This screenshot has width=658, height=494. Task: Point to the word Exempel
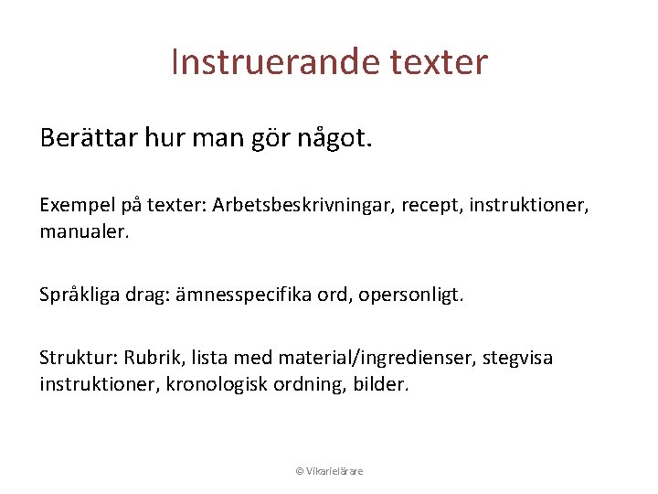pyautogui.click(x=72, y=206)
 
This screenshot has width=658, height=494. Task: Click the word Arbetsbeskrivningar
pyautogui.click(x=292, y=206)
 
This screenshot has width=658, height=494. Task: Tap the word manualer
pyautogui.click(x=84, y=231)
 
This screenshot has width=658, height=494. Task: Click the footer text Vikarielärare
pyautogui.click(x=335, y=471)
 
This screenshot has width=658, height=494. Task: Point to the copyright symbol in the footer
pyautogui.click(x=299, y=471)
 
